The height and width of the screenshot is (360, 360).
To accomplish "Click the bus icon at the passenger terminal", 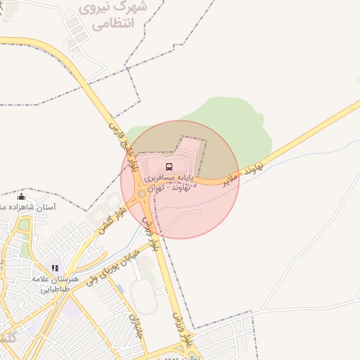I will tap(169, 167).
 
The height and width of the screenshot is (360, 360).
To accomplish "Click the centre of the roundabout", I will tap(143, 193).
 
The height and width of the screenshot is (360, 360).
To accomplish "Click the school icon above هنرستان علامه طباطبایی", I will tap(55, 268).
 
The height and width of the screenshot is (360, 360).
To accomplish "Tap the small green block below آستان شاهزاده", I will tap(25, 226).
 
